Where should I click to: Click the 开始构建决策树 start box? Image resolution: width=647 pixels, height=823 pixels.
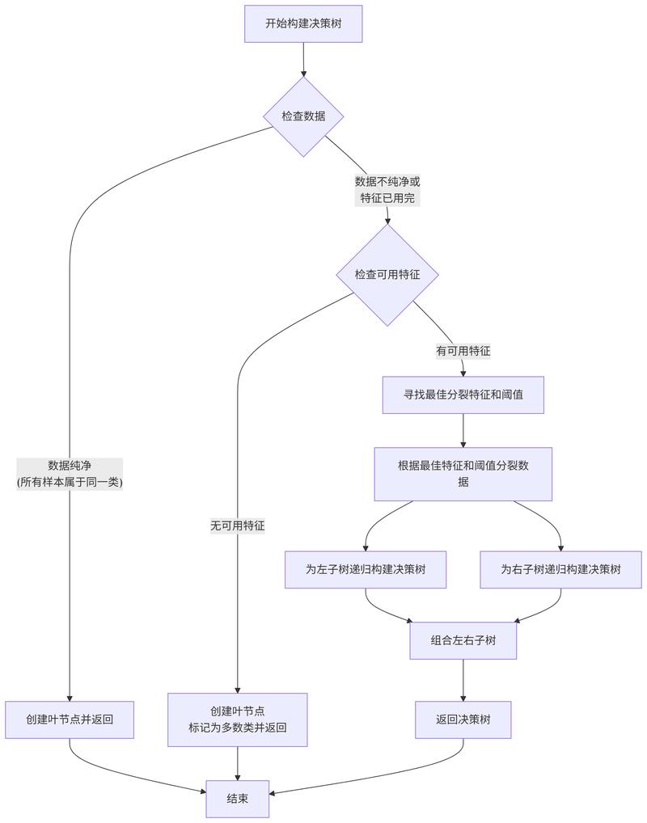(303, 23)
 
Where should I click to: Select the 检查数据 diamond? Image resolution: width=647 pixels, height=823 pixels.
(303, 116)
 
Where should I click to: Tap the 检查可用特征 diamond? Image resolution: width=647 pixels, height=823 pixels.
(387, 274)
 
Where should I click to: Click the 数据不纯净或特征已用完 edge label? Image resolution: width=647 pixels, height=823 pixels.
(387, 190)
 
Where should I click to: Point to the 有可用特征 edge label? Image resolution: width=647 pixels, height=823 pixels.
(463, 351)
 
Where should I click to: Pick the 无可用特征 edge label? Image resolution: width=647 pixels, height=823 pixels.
(237, 525)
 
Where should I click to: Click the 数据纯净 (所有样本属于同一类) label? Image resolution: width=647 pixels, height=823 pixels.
(70, 474)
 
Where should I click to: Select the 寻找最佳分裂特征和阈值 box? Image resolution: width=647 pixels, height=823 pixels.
(463, 395)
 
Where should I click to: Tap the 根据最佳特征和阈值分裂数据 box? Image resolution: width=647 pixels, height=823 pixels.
(463, 474)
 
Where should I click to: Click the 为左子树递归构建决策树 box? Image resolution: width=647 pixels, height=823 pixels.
(366, 569)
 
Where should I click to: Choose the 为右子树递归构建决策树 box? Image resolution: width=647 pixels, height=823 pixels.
(560, 569)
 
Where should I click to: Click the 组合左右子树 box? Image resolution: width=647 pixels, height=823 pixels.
(463, 639)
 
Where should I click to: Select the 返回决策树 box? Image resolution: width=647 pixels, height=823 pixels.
(463, 720)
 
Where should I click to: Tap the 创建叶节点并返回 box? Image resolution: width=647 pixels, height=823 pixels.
(70, 720)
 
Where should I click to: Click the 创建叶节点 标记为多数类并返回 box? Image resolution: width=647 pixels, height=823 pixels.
(237, 720)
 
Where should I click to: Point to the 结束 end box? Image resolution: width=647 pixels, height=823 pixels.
(237, 798)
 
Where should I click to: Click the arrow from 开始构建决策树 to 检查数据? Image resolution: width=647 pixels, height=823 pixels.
(303, 58)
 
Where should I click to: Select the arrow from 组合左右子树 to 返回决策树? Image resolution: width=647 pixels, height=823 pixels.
(463, 679)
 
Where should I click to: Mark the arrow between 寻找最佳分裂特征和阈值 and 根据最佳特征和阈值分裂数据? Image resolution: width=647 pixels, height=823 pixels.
(463, 430)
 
